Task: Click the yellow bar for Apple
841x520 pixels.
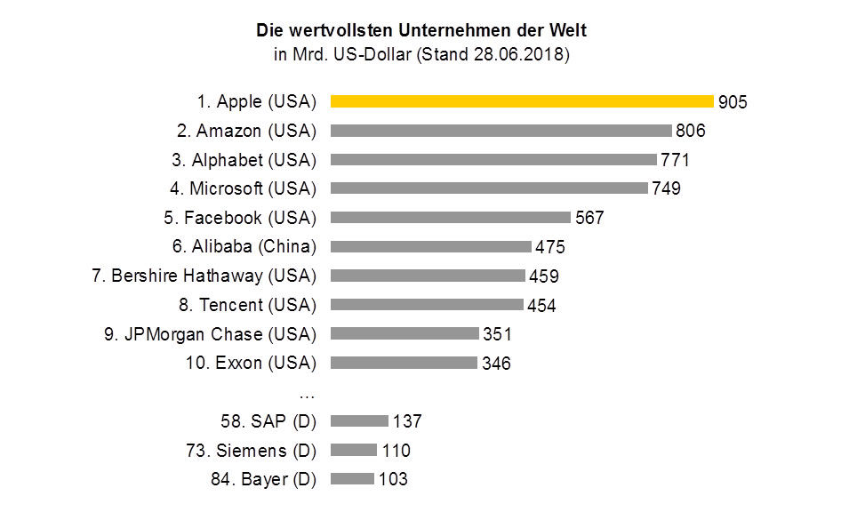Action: [522, 101]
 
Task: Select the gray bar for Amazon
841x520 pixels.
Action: [501, 131]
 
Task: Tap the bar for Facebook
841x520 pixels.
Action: [450, 218]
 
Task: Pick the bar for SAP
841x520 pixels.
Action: [359, 420]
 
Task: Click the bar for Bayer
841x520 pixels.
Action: [352, 479]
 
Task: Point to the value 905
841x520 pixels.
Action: [733, 102]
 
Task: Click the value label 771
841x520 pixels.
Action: [675, 160]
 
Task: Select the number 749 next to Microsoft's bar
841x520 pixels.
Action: [666, 189]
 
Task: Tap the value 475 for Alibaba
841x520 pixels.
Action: [549, 247]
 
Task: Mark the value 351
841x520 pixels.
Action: [497, 334]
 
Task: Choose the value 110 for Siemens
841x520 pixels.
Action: [396, 451]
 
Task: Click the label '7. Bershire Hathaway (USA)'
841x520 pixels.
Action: [204, 276]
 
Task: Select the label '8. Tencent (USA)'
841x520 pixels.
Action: [247, 305]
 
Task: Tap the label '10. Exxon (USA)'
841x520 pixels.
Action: [252, 363]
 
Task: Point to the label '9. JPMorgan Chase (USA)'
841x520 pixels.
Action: [211, 334]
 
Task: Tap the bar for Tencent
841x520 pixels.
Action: [427, 305]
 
